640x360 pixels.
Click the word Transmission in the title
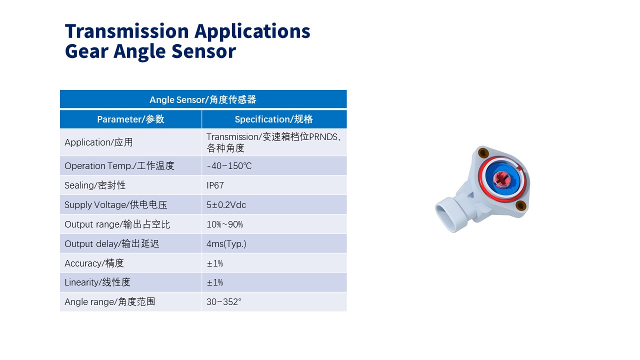[x=126, y=31]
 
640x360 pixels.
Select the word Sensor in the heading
[x=203, y=51]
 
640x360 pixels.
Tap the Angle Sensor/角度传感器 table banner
[x=203, y=99]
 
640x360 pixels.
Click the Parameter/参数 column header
[x=130, y=119]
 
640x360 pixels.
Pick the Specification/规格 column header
[x=273, y=119]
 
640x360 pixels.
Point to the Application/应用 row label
[x=98, y=142]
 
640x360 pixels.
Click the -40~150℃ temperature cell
[x=229, y=165]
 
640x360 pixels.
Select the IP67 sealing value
[x=215, y=185]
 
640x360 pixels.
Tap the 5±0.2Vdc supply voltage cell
[x=226, y=204]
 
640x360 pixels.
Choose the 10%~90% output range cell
[x=224, y=224]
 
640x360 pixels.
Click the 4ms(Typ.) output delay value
[x=226, y=243]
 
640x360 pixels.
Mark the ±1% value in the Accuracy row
[x=214, y=263]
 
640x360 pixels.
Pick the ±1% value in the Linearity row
[x=214, y=282]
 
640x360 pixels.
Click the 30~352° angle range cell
[x=223, y=301]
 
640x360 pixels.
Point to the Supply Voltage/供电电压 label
[x=115, y=204]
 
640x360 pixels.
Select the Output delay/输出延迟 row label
[x=111, y=243]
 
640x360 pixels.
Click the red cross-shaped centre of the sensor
[x=501, y=178]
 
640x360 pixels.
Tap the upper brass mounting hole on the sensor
[x=483, y=153]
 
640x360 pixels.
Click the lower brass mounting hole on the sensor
[x=520, y=205]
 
